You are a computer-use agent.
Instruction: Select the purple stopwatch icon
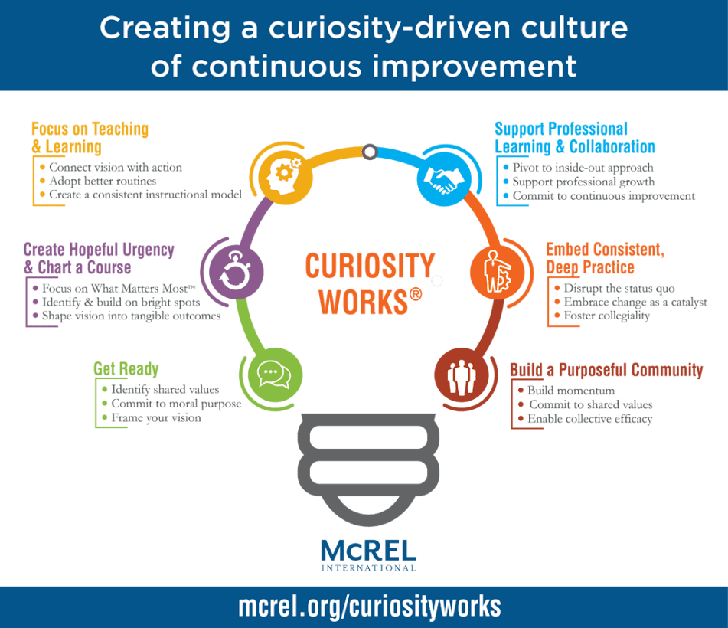(237, 272)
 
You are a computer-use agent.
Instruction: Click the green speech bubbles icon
(276, 375)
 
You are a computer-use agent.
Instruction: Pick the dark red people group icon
(461, 375)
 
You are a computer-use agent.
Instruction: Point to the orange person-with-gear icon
(498, 272)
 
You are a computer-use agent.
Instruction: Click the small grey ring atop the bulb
(370, 152)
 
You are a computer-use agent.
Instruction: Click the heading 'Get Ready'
(126, 369)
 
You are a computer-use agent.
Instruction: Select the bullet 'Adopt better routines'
(103, 181)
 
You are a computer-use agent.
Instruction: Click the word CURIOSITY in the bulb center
(370, 266)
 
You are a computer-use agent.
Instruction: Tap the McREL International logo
(369, 555)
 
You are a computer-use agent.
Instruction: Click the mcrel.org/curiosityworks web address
(370, 607)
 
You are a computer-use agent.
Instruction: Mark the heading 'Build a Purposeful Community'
(606, 370)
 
